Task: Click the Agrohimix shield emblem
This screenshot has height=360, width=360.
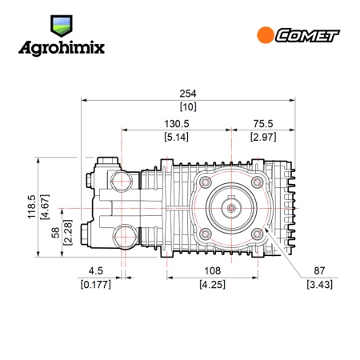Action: click(x=62, y=26)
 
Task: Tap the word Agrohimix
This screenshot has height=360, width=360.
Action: click(x=62, y=48)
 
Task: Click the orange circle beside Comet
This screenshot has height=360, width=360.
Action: click(x=266, y=35)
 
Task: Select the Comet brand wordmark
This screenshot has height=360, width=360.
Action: click(x=307, y=35)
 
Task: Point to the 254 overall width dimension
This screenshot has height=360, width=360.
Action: click(x=188, y=94)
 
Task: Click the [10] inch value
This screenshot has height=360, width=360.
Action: click(x=188, y=107)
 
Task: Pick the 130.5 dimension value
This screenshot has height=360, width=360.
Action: click(x=176, y=124)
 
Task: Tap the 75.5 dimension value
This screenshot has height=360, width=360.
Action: click(x=263, y=124)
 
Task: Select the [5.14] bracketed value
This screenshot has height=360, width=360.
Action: click(x=176, y=137)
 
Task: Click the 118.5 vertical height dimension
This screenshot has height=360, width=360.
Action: click(x=31, y=207)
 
